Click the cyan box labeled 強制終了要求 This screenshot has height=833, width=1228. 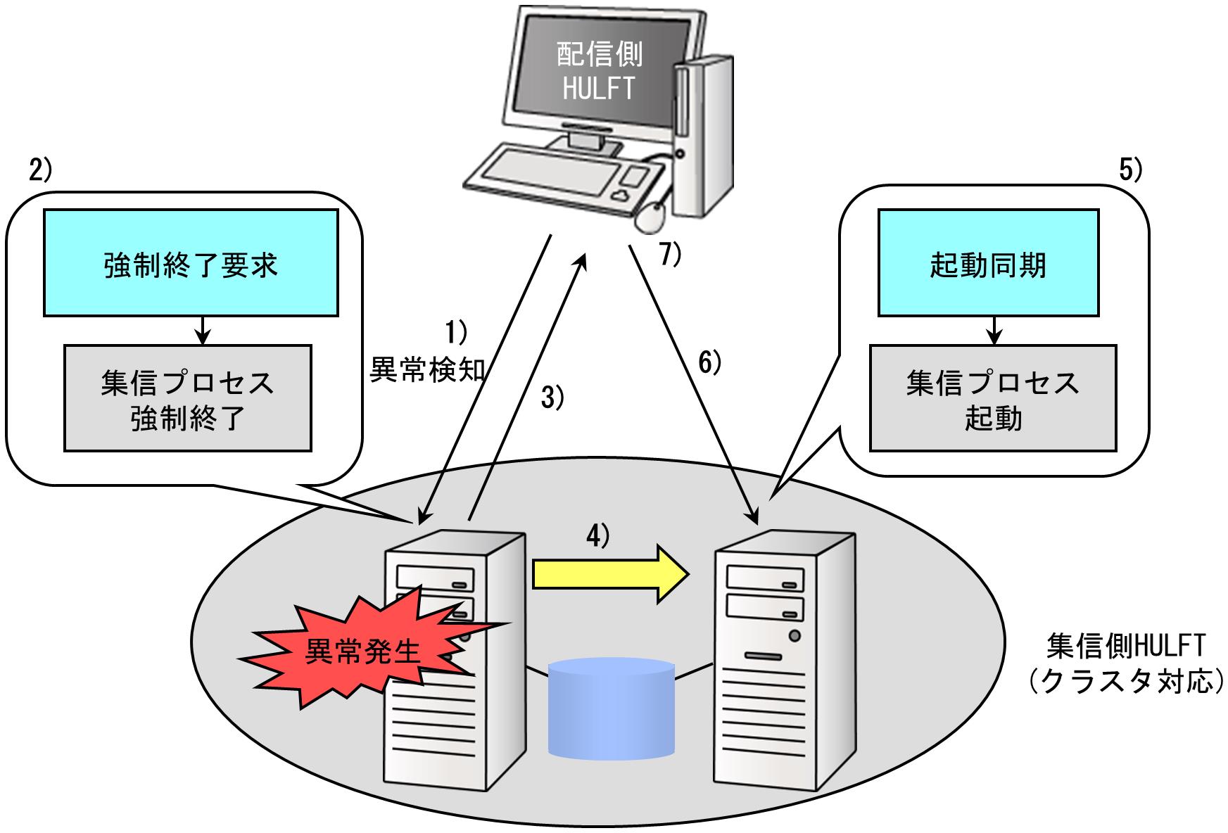point(191,263)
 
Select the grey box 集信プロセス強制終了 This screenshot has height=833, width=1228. point(187,398)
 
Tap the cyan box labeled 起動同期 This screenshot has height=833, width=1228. point(988,263)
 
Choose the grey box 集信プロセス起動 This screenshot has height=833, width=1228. point(992,398)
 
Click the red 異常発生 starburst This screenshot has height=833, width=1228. point(362,651)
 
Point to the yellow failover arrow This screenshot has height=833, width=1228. point(609,573)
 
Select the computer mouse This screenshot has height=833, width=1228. point(652,216)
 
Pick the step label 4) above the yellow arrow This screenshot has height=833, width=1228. point(598,536)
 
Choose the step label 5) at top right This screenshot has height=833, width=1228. point(1129,170)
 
